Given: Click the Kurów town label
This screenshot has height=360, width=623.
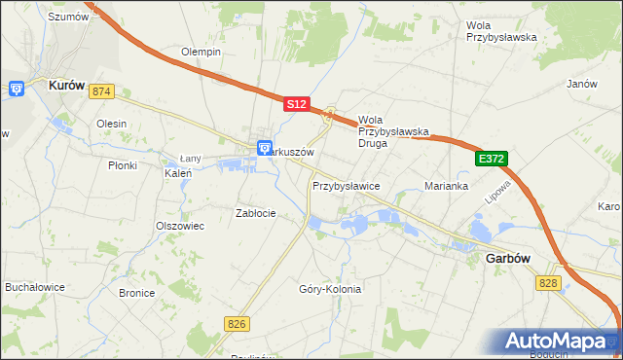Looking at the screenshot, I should [x=69, y=86].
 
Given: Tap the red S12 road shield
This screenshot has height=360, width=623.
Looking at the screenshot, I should [x=297, y=103].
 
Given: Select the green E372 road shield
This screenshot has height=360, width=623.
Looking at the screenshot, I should [x=492, y=158].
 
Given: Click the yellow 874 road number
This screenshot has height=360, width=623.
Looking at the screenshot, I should [x=101, y=91].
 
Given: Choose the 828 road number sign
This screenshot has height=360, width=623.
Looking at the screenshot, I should [x=547, y=282].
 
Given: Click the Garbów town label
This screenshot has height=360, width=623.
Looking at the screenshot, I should [x=507, y=260].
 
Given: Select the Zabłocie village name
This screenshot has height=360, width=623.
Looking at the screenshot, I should [x=256, y=213].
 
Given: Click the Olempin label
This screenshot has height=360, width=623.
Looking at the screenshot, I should [x=202, y=52].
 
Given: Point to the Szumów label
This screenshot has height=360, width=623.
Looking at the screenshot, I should [x=68, y=17].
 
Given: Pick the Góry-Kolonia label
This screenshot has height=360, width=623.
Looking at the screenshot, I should [x=330, y=289].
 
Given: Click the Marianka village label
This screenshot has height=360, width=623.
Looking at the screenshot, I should [x=447, y=186].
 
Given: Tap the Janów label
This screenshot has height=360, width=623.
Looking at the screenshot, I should [x=581, y=84].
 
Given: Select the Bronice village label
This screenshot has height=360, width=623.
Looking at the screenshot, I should [x=136, y=292].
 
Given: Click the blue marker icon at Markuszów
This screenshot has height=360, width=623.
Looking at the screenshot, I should [x=265, y=148].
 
